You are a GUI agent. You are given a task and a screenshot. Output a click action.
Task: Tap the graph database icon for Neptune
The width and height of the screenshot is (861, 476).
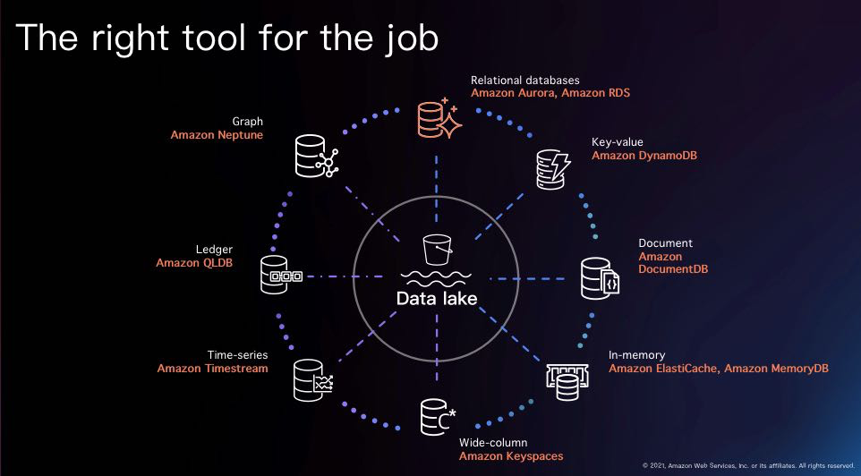[313, 156]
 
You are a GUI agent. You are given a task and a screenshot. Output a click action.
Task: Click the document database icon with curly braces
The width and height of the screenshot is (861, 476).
[600, 278]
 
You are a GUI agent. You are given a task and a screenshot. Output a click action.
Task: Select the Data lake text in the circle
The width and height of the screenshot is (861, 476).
[437, 298]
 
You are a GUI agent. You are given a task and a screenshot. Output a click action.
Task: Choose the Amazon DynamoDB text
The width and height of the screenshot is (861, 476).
[644, 156]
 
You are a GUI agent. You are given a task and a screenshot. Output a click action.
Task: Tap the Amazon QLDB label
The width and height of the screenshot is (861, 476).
[194, 263]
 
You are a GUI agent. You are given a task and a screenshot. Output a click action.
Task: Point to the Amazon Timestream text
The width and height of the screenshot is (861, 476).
[212, 369]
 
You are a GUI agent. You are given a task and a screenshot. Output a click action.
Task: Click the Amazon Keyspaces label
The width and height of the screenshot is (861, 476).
[511, 456]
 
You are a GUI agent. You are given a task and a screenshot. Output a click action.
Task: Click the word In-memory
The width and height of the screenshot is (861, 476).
[636, 355]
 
